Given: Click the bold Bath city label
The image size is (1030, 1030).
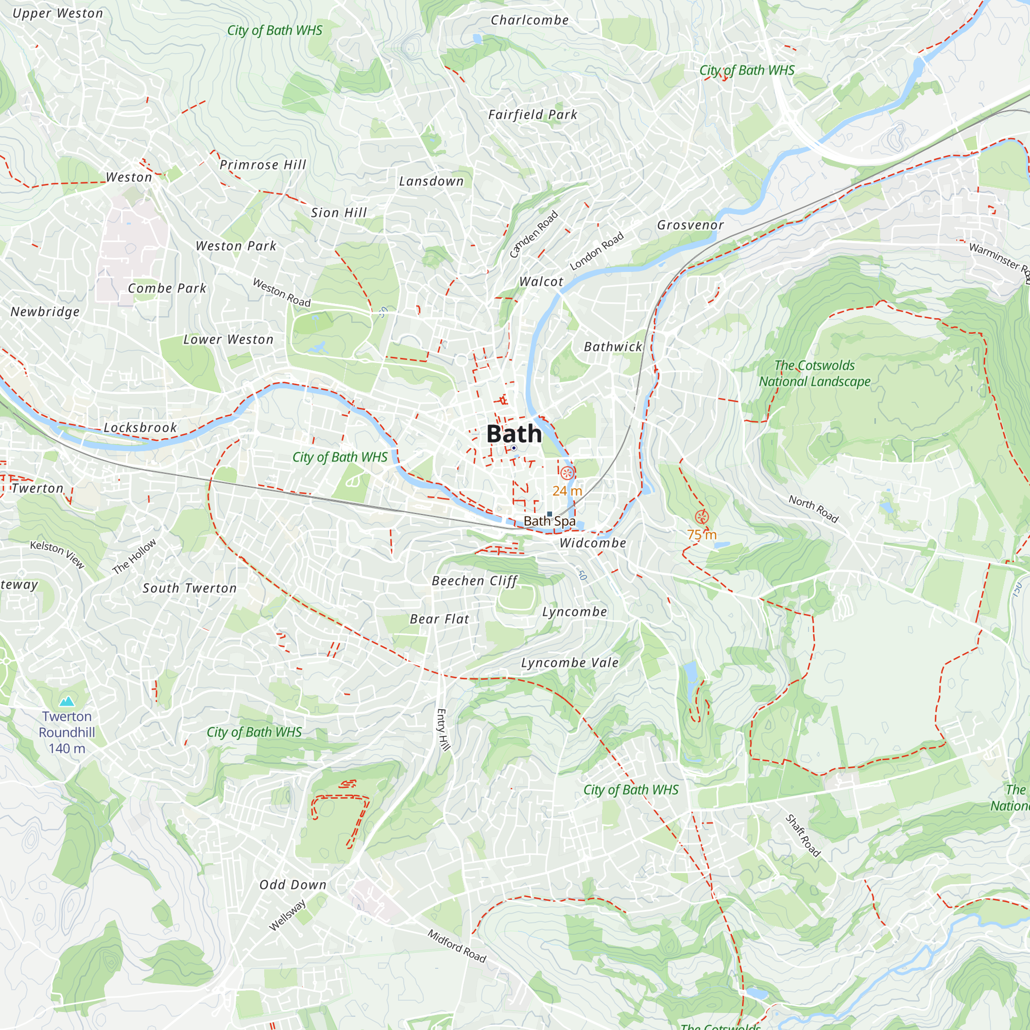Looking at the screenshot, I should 514,434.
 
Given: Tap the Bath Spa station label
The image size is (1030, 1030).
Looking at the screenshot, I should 549,521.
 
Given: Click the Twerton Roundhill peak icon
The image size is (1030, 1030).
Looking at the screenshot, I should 66,701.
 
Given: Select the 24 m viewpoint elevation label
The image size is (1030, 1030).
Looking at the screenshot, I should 566,490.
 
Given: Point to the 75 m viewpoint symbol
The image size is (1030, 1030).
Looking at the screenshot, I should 701,517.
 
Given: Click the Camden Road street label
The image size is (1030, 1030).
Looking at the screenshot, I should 534,234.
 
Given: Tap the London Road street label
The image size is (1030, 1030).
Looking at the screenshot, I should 596,251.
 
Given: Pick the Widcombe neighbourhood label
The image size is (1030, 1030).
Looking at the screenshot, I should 592,543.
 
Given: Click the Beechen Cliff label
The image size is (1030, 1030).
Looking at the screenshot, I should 474,580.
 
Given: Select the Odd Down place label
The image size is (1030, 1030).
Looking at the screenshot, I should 293,884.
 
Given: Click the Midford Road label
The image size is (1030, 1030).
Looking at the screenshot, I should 457,946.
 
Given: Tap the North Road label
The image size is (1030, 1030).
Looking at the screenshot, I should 814,509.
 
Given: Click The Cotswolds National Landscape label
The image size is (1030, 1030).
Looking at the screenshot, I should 814,373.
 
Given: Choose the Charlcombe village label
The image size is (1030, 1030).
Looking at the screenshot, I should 529,20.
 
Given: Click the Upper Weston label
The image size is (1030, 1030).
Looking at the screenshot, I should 58,13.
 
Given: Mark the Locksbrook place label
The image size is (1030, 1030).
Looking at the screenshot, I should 140,427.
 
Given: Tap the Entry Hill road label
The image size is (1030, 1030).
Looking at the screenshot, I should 443,729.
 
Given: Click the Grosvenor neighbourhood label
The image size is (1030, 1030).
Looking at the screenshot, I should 690,225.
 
